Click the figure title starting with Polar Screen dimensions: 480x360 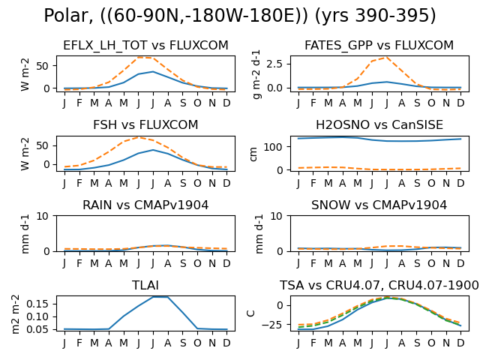[240, 15]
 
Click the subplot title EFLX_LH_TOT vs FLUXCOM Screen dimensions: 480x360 [145, 45]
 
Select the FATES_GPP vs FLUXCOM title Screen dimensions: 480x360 [379, 45]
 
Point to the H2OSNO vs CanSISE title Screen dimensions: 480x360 [379, 125]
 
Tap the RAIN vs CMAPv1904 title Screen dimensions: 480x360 [145, 205]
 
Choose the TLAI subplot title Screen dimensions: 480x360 [145, 285]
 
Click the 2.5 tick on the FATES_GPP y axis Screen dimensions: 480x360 [274, 64]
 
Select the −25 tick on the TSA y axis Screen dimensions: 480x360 [271, 325]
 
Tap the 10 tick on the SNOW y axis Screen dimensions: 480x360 [276, 216]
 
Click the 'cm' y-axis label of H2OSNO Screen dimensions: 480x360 [253, 154]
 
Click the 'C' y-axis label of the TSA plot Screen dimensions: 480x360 [250, 313]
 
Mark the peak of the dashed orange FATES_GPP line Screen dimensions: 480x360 [387, 57]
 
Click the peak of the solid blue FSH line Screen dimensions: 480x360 [153, 150]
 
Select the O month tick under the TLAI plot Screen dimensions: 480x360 [197, 343]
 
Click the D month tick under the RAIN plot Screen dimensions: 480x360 [226, 263]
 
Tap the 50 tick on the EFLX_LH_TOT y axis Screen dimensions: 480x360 [42, 66]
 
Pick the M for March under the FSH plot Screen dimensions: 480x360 [94, 183]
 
